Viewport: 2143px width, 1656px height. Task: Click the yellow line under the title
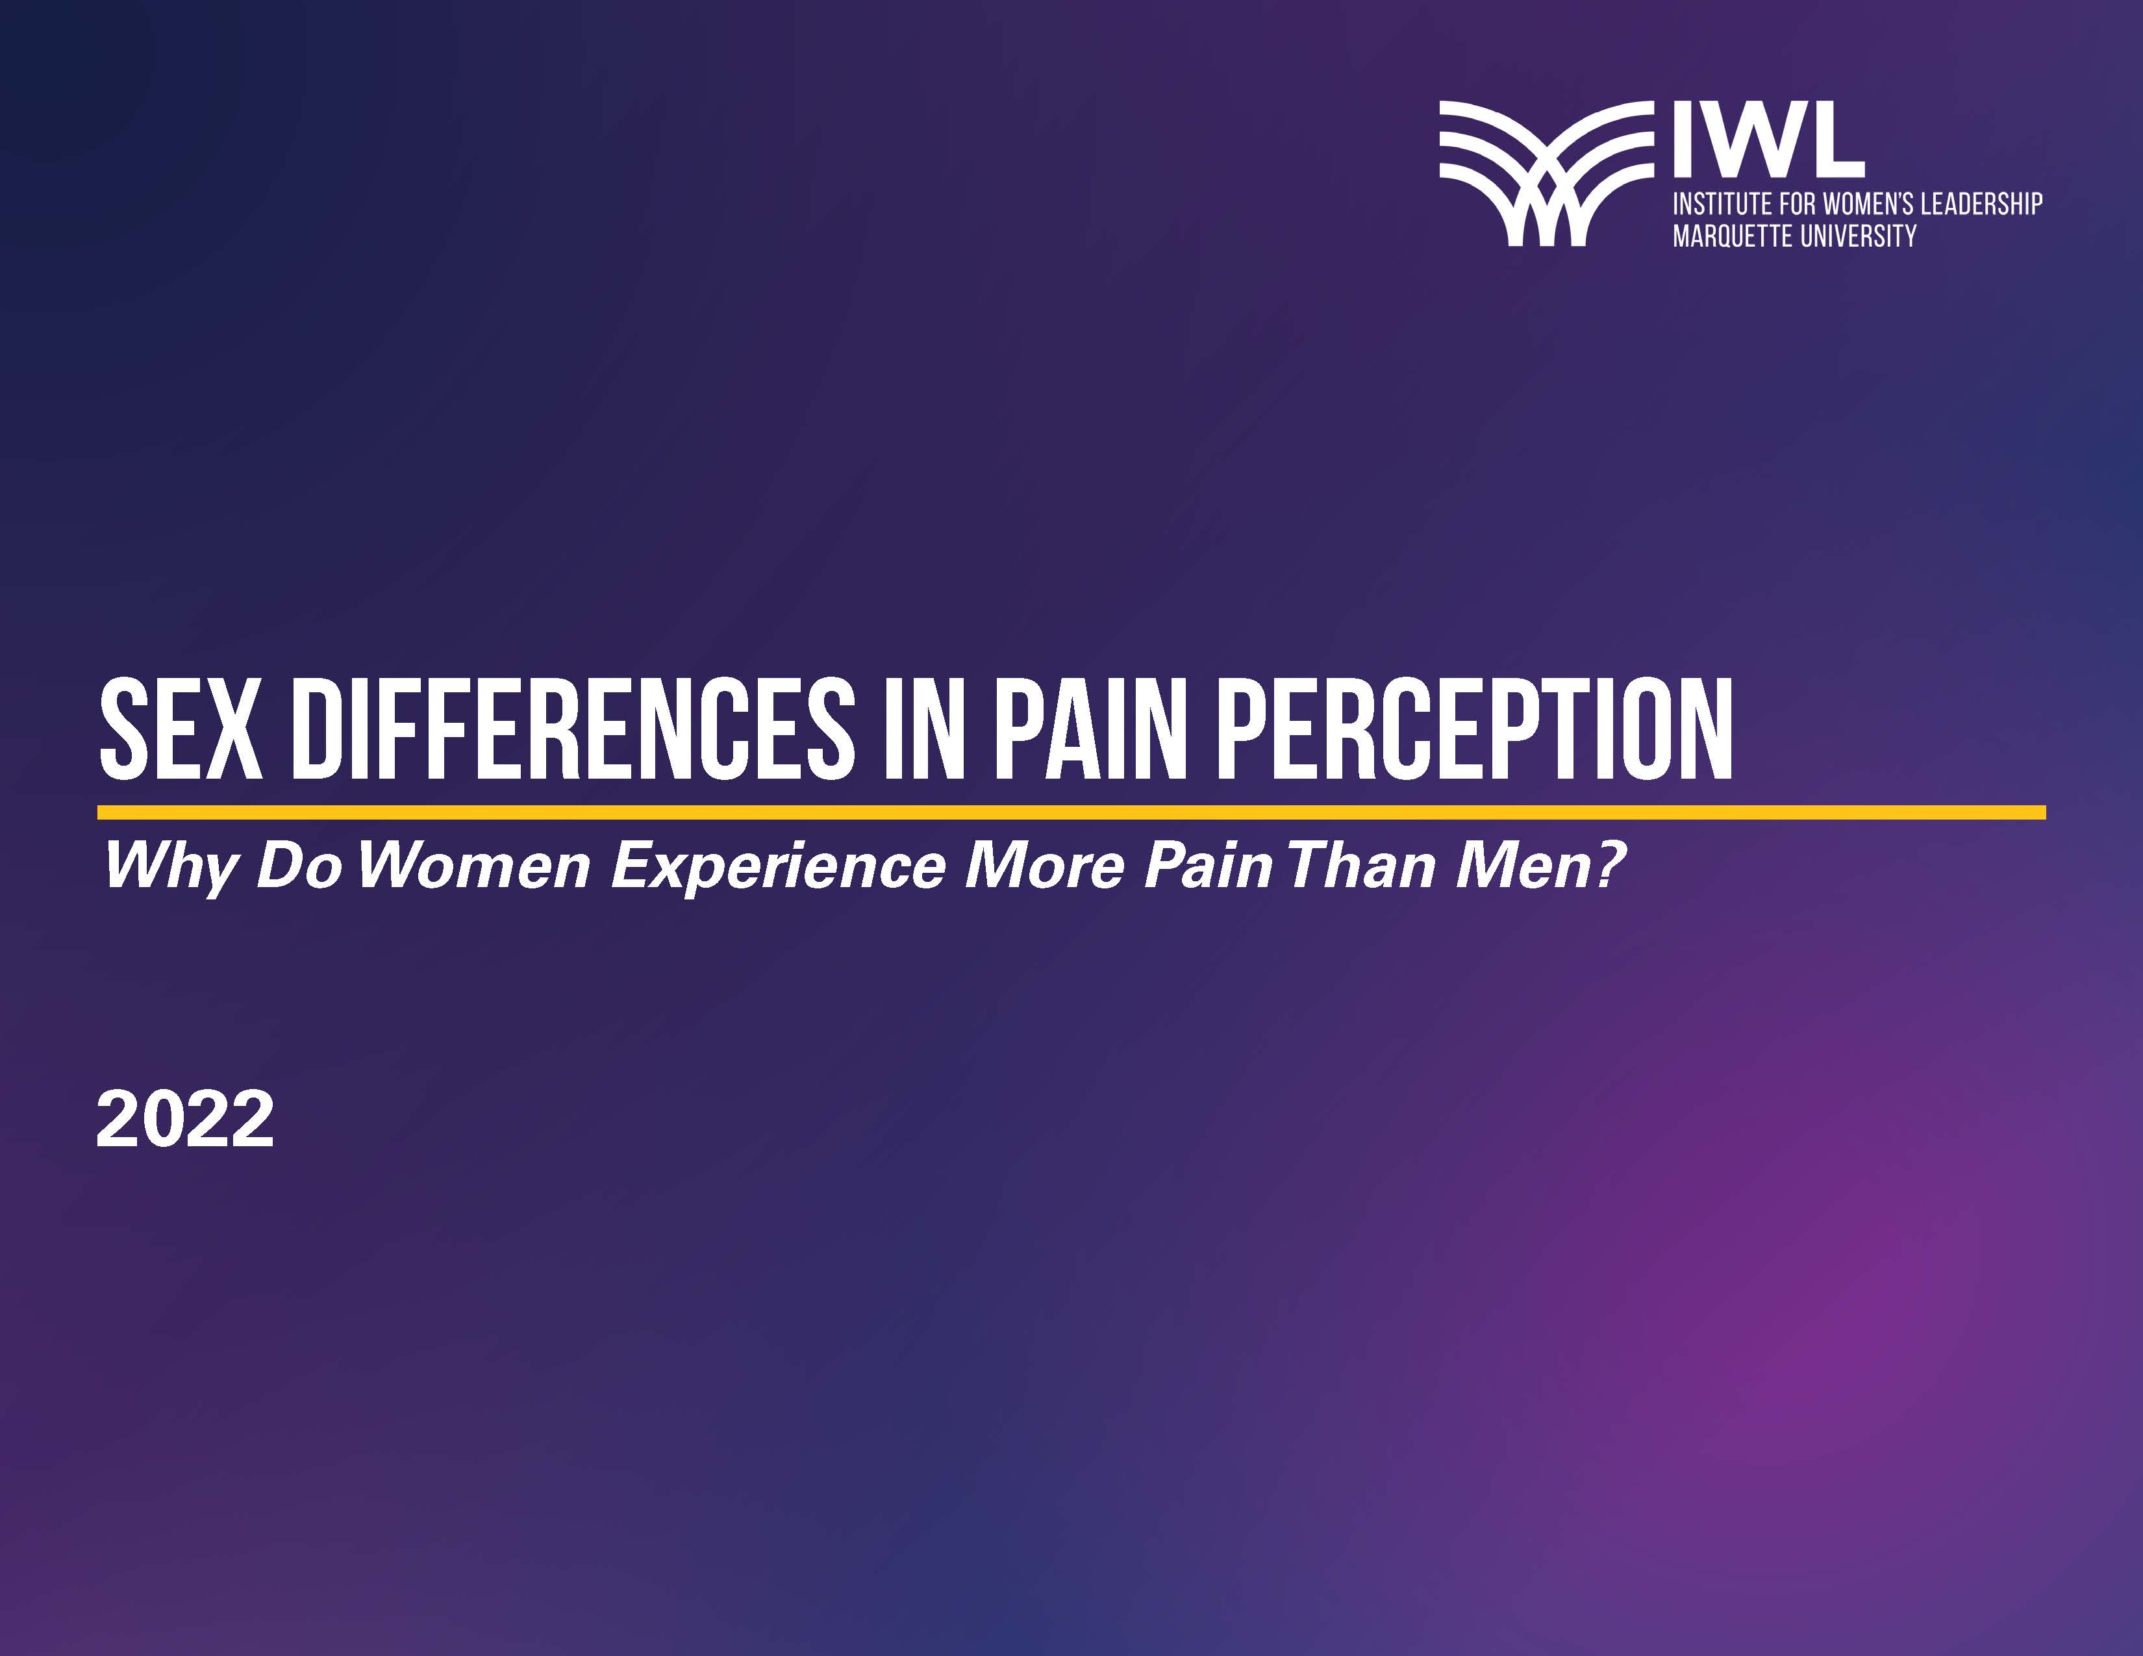pyautogui.click(x=1071, y=812)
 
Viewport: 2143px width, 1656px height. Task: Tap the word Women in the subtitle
pyautogui.click(x=474, y=864)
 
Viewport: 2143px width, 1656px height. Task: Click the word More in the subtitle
pyautogui.click(x=1044, y=864)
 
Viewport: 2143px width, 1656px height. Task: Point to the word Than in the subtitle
pyautogui.click(x=1362, y=864)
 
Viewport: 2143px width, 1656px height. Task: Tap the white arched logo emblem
pyautogui.click(x=1546, y=173)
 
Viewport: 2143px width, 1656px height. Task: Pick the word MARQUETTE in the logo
pyautogui.click(x=1732, y=236)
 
